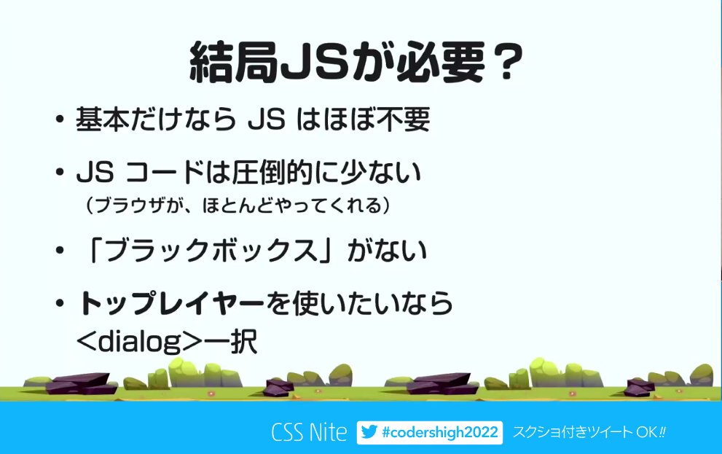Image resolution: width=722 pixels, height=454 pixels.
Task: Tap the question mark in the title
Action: [504, 64]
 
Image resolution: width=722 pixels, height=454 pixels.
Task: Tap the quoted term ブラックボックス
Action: [211, 251]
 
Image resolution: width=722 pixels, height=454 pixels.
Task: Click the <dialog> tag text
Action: [138, 340]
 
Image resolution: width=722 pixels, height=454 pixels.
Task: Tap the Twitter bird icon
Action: [369, 432]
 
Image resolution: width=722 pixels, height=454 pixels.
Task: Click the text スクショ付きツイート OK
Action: [589, 432]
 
